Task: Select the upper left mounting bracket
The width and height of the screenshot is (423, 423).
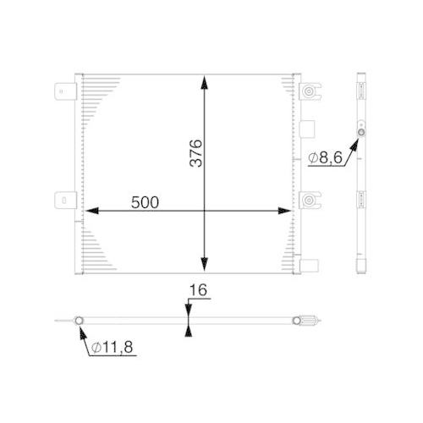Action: [65, 90]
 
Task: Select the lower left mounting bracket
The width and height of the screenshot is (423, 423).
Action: [65, 201]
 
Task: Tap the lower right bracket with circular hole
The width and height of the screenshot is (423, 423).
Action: [311, 201]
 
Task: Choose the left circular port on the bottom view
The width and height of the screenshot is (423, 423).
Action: [78, 321]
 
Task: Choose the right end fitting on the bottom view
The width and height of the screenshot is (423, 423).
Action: [299, 321]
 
